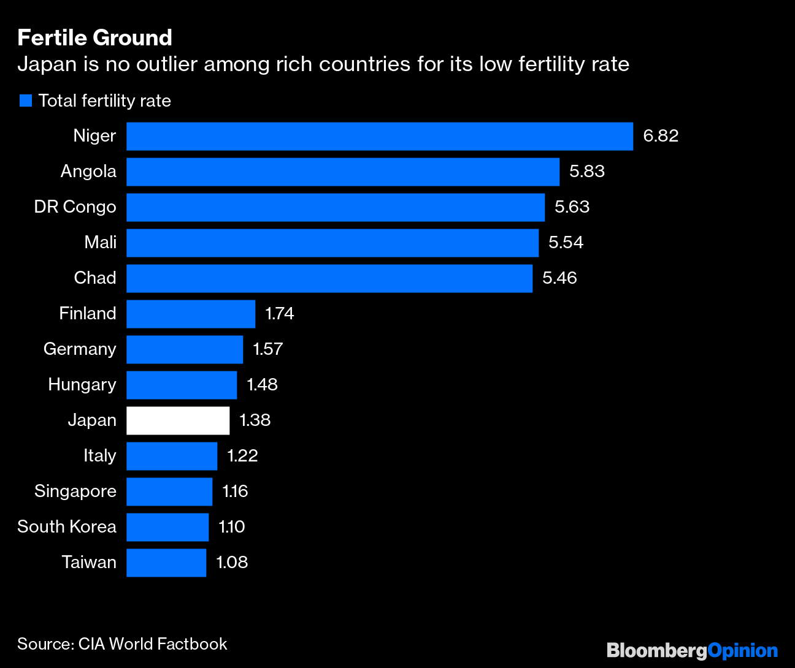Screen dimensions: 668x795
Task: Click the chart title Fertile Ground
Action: coord(94,38)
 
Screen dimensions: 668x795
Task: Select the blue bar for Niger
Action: coord(379,136)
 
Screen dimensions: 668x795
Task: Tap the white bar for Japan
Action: coord(178,420)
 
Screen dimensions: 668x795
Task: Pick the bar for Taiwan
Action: coord(166,563)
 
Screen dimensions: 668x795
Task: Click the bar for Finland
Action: coord(191,314)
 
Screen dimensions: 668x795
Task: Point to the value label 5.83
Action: coord(586,172)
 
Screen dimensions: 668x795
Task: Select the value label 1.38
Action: coord(255,420)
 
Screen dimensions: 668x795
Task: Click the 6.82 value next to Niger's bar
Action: coord(660,136)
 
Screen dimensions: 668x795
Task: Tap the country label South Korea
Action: coord(67,527)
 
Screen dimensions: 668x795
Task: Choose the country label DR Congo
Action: coord(75,207)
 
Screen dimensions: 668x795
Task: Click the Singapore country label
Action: coord(75,492)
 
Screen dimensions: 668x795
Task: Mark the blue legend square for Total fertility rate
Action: coord(26,101)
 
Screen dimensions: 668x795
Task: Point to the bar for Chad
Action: coord(329,278)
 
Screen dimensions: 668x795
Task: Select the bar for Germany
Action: coord(185,349)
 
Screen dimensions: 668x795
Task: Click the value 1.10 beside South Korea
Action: coord(231,527)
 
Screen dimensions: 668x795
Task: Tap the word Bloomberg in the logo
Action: coord(656,650)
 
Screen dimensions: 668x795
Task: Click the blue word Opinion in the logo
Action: coord(742,650)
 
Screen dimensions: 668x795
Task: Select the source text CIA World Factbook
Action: coord(153,644)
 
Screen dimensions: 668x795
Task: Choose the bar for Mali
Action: coord(332,243)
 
